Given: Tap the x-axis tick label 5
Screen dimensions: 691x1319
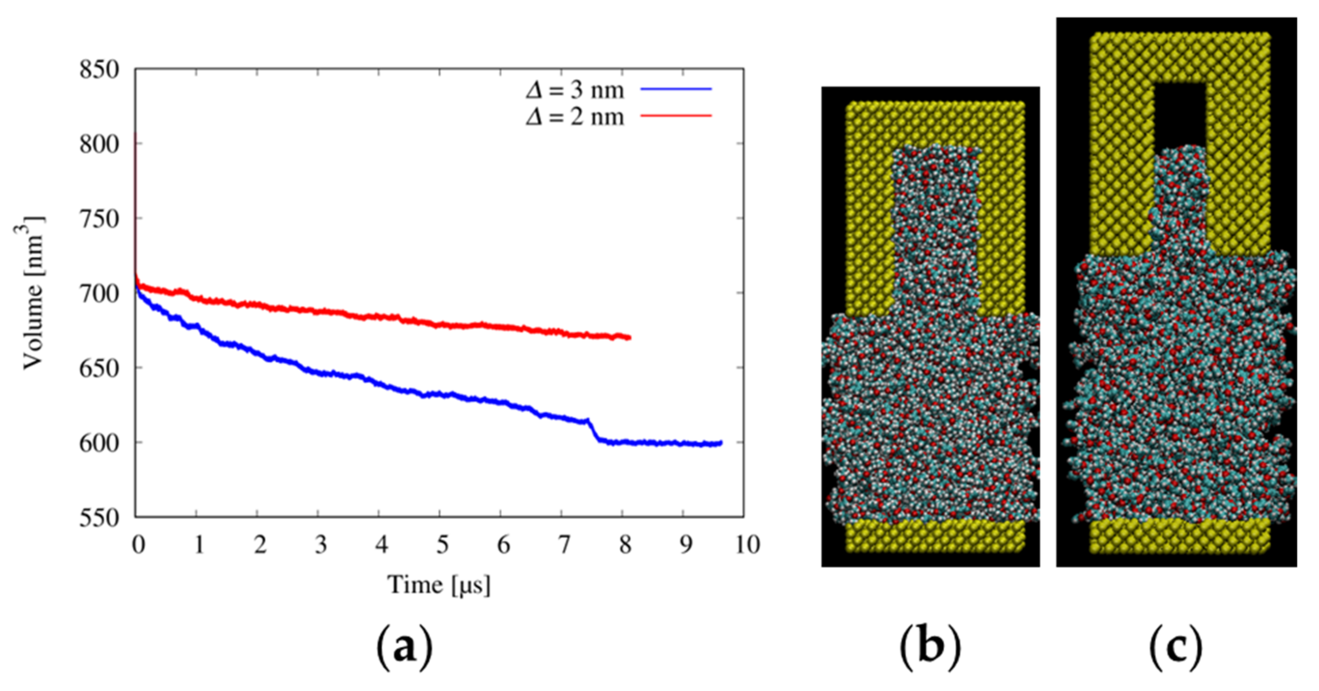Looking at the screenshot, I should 442,544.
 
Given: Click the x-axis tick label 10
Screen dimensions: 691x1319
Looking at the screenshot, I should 747,544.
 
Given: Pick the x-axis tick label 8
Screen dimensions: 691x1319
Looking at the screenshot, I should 625,544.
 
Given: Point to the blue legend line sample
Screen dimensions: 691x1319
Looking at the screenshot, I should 676,89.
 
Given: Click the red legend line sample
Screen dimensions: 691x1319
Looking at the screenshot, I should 676,116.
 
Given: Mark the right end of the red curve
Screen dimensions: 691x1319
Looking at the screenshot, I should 629,337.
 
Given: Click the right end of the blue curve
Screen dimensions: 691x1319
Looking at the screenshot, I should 721,442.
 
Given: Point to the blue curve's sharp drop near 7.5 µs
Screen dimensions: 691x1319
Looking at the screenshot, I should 593,430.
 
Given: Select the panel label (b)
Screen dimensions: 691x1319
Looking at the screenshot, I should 930,649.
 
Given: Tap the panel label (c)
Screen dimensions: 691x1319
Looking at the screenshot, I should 1176,649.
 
